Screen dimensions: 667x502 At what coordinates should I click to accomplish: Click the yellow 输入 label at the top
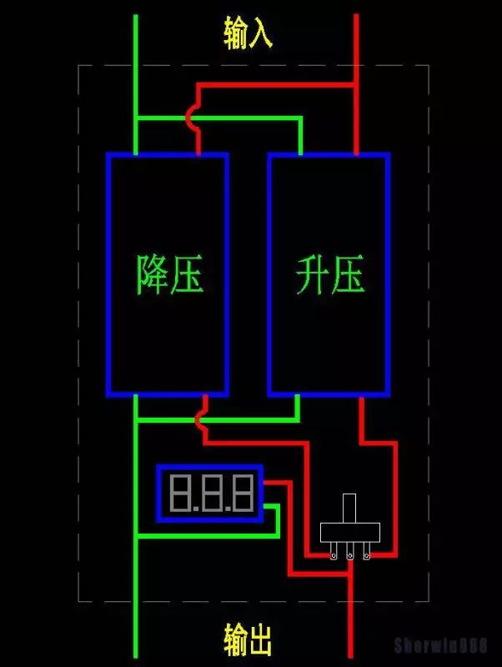(248, 33)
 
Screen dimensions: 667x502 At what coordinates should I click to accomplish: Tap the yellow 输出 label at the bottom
(248, 640)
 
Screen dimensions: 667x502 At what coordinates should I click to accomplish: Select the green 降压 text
(170, 273)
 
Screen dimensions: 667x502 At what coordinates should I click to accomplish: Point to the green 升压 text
(330, 274)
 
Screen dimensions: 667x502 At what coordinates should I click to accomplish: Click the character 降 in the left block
(153, 273)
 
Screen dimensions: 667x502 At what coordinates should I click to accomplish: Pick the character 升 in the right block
(313, 274)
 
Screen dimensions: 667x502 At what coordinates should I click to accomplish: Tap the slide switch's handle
(350, 509)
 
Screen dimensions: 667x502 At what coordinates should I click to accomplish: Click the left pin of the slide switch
(334, 553)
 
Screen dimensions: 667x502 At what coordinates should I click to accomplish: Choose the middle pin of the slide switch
(350, 553)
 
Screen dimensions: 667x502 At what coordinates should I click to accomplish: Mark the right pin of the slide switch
(367, 553)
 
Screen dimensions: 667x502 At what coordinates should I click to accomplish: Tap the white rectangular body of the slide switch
(350, 533)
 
